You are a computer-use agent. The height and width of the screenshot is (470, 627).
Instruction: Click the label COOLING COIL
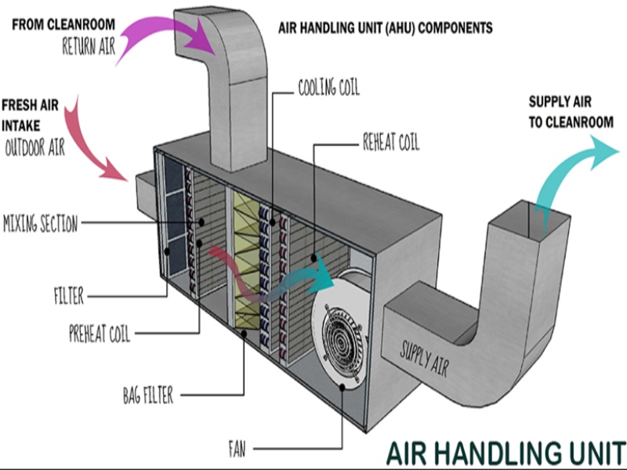point(328,87)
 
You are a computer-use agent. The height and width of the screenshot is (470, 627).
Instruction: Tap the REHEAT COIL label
point(390,143)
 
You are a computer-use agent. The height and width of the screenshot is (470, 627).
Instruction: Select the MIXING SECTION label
point(41,224)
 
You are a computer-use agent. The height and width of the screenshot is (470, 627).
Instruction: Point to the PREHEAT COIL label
point(100,335)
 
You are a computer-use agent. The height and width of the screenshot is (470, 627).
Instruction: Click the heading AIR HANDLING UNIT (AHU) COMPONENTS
point(385,28)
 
